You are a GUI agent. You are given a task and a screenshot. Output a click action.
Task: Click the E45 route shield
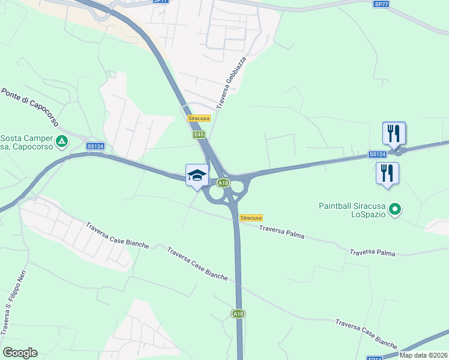pos(199,135)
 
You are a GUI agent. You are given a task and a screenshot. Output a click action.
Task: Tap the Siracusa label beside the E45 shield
pos(199,119)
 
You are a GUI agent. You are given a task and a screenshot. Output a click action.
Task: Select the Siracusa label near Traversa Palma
pos(251,217)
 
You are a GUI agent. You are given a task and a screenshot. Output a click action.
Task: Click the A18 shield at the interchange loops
pos(223,183)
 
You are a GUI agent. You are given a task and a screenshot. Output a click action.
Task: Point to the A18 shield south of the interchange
pos(238,313)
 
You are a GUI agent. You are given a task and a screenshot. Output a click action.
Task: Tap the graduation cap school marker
pos(197,175)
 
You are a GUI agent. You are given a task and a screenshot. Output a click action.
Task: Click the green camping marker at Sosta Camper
pos(62,142)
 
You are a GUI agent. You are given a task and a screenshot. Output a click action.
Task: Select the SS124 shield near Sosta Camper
pos(95,146)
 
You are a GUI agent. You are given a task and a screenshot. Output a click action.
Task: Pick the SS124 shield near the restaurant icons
pos(377,155)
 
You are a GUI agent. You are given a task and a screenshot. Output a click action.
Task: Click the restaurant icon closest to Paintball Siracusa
pos(387,173)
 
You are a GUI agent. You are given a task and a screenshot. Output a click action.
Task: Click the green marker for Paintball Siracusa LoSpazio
pos(394,209)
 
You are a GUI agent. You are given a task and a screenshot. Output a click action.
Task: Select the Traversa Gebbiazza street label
pos(232,83)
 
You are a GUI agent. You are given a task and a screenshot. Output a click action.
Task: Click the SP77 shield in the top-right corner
pos(381,4)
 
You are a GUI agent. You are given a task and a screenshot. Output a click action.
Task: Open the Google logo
pos(20,353)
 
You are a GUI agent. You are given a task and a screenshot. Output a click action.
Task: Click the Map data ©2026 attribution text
pos(424,355)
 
